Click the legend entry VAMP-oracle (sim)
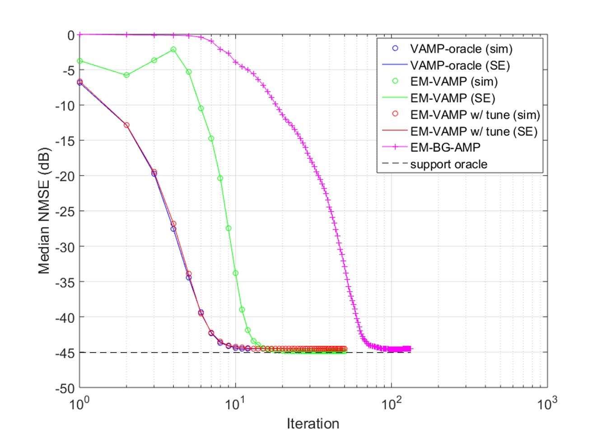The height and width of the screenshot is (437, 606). point(461,49)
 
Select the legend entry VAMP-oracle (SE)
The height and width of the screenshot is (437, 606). point(460,65)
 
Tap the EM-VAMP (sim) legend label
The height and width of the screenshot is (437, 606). point(453,82)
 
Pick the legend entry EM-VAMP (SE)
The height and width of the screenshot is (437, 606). point(452,98)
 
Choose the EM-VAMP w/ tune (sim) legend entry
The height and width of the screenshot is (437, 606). point(475,115)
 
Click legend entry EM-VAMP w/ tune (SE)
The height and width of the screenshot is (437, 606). point(474,131)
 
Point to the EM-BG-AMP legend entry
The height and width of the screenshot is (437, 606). point(445,147)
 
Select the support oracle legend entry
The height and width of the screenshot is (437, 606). point(448,164)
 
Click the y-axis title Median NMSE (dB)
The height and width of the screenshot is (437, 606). point(44,211)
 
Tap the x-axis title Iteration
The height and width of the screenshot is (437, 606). point(313,423)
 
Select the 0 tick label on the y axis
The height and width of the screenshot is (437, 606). point(71,35)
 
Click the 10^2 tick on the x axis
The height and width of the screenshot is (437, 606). point(391,403)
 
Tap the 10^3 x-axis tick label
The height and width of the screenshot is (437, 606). point(547,403)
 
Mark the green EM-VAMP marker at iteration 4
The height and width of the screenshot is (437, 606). point(173,50)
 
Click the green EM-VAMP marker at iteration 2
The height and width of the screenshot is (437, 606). point(126,75)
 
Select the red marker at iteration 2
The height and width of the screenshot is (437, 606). point(126,125)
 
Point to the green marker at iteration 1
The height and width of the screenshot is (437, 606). point(80,61)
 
